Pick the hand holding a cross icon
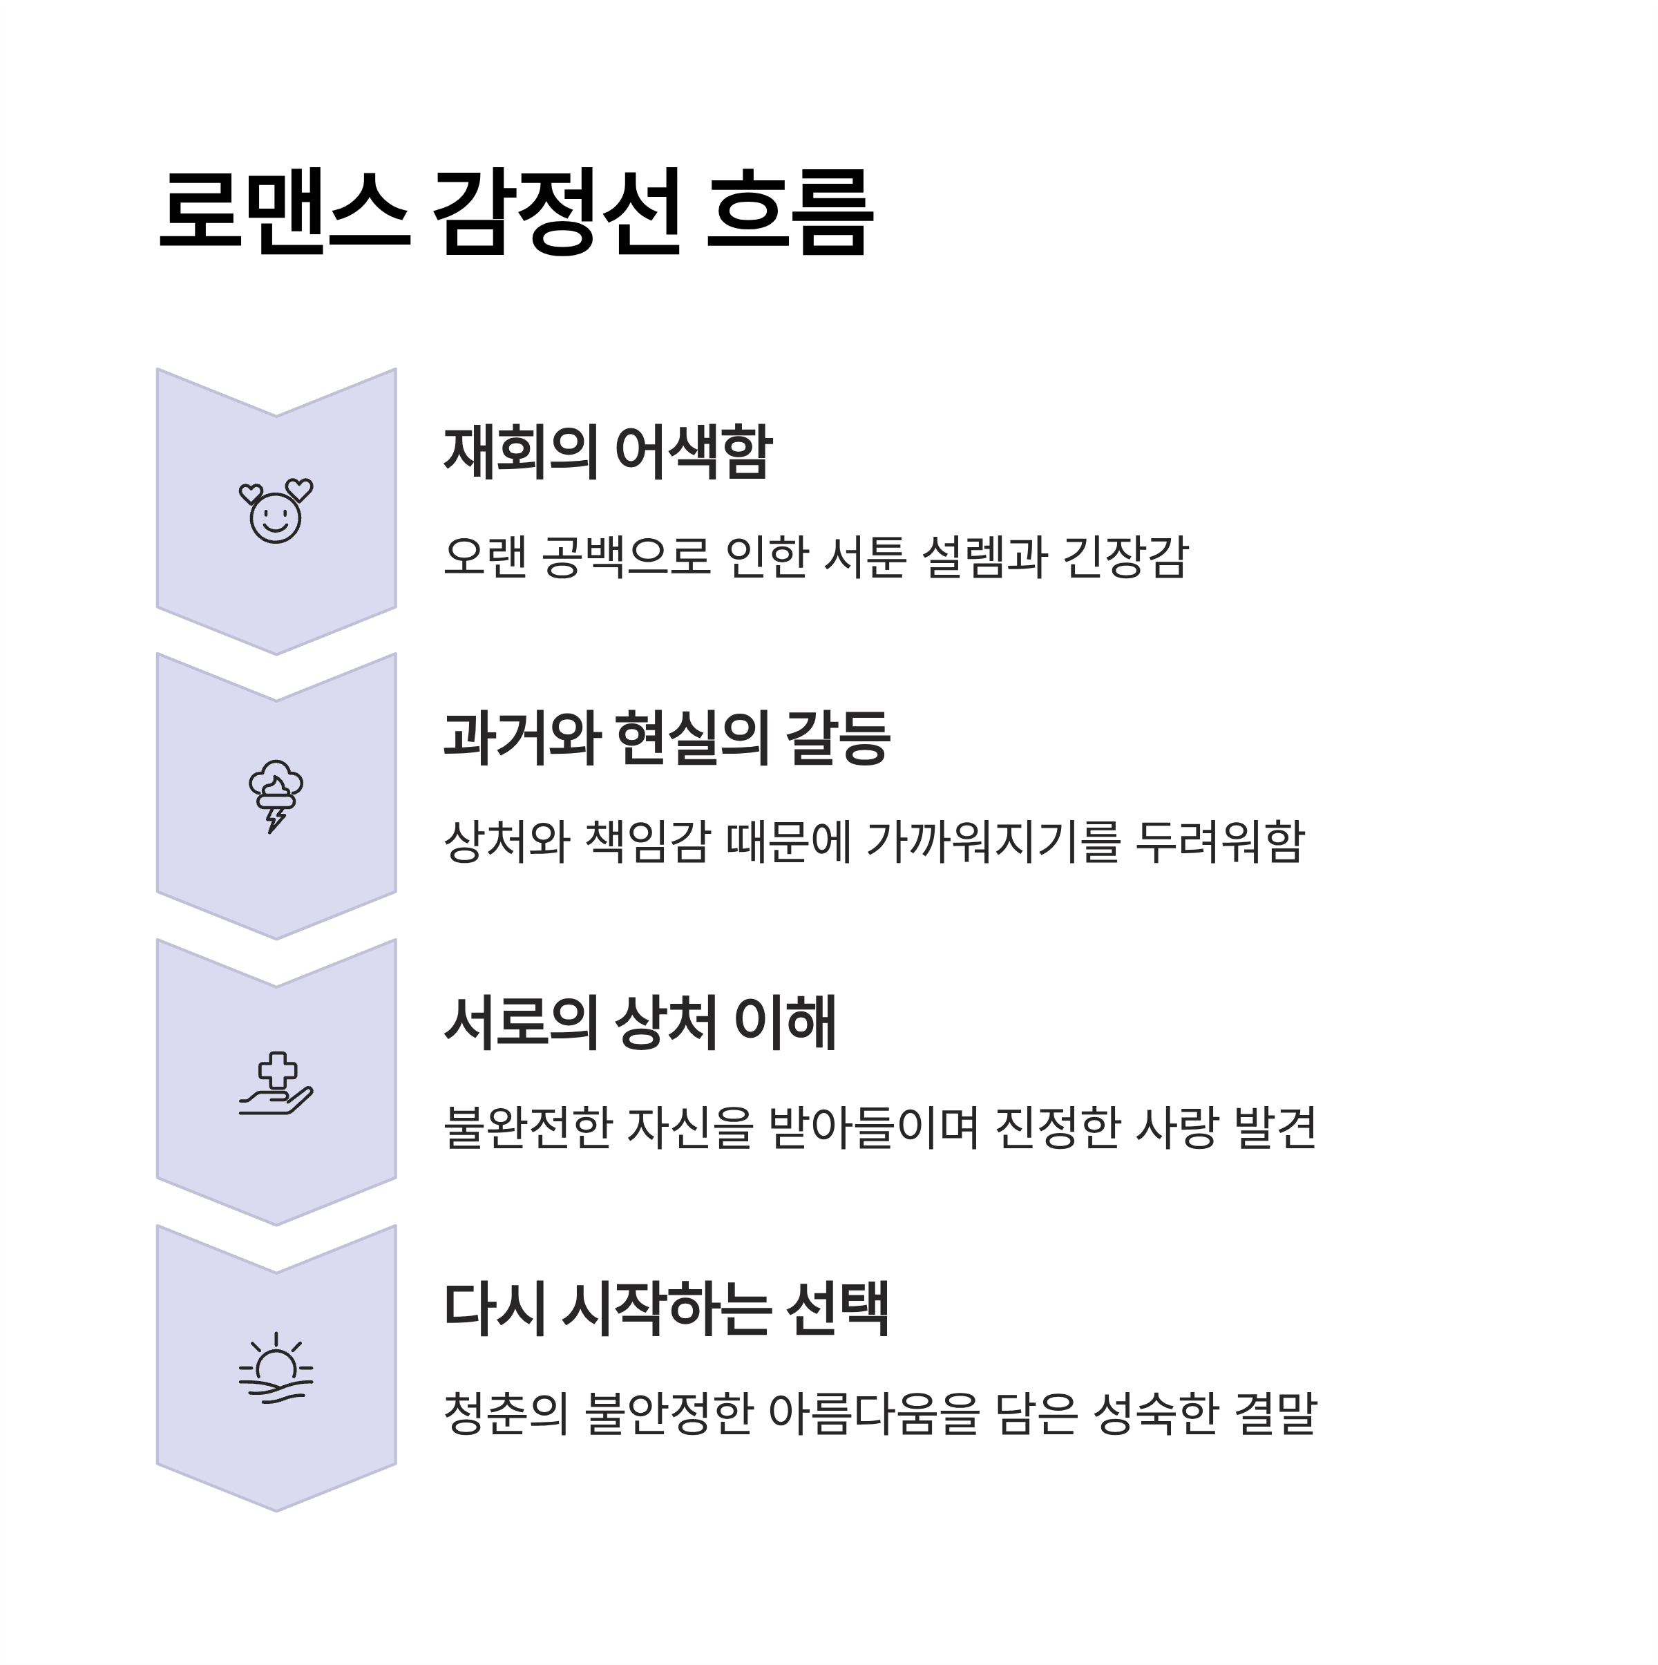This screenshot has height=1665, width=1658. (x=276, y=1083)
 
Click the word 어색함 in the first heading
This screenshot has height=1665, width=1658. (x=693, y=452)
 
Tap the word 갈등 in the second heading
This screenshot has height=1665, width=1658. (x=837, y=738)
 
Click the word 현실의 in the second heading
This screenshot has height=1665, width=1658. (x=692, y=738)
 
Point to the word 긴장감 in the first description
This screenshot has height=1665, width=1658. (x=1125, y=557)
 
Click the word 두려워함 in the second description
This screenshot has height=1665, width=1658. (x=1219, y=842)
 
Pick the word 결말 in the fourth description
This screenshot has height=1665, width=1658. (x=1275, y=1414)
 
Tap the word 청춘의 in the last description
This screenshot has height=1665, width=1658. (x=506, y=1414)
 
